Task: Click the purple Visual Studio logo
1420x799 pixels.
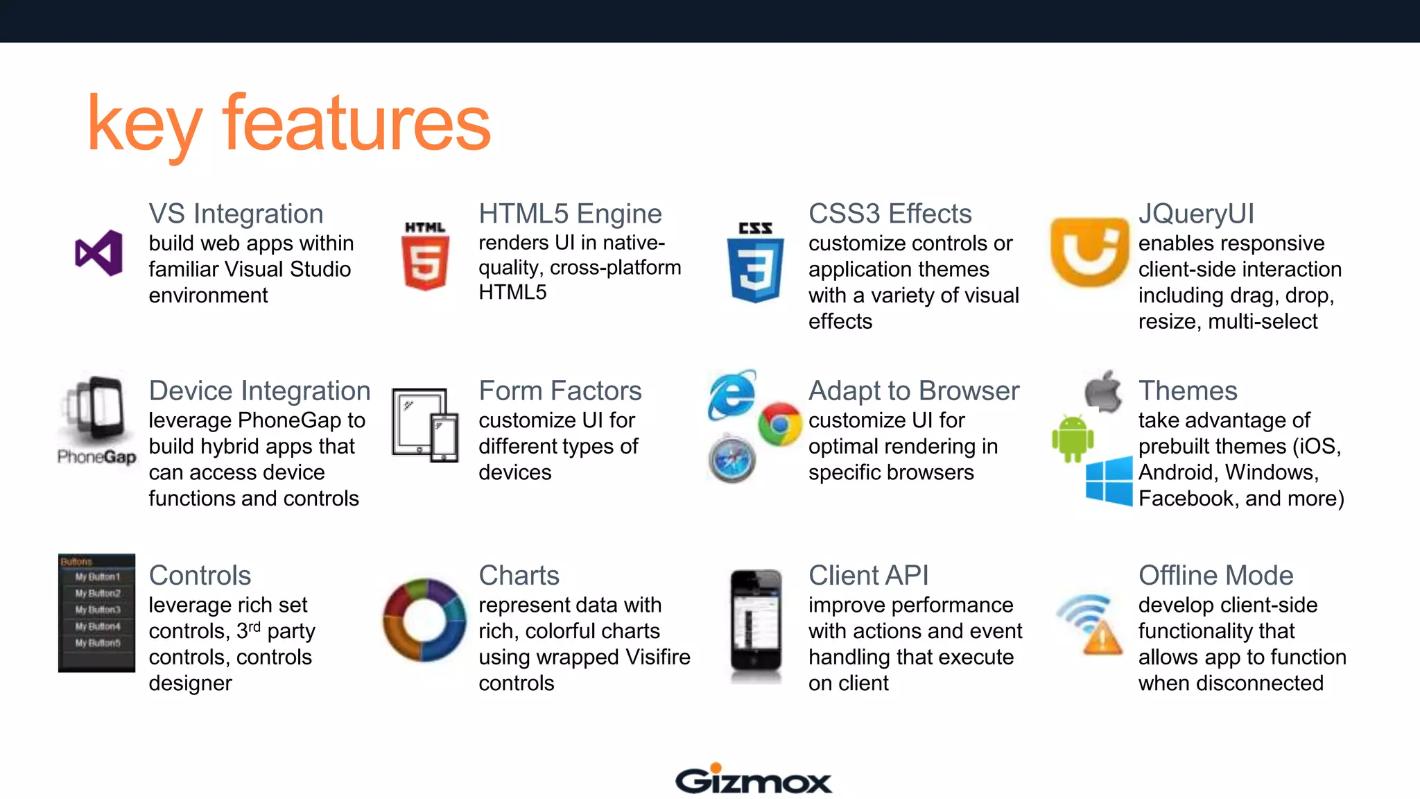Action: (99, 253)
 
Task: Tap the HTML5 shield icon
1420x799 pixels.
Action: (425, 256)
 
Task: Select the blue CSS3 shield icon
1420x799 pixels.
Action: (755, 263)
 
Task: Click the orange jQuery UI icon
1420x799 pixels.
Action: (1089, 251)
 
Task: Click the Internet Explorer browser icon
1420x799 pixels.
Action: (732, 395)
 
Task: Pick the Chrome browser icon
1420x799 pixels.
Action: (779, 424)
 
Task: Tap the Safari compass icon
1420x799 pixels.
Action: (732, 460)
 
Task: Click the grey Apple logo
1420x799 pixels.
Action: (1103, 391)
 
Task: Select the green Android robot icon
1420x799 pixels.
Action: (1072, 438)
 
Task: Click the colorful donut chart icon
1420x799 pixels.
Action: (424, 619)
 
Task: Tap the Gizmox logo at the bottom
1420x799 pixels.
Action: (753, 780)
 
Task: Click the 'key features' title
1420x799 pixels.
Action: (288, 124)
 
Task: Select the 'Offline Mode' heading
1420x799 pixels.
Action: (1215, 576)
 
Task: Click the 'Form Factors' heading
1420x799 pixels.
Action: (560, 391)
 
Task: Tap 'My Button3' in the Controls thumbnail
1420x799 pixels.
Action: (98, 610)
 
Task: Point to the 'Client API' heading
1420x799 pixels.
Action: (868, 576)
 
